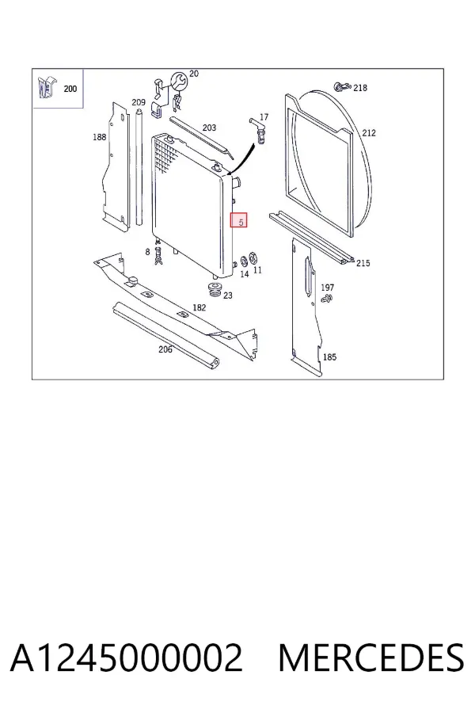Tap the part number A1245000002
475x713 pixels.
[x=127, y=658]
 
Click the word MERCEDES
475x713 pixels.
[x=371, y=658]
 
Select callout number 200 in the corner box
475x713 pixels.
[x=70, y=89]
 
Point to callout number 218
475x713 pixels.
[x=360, y=87]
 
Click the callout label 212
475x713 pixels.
[x=369, y=133]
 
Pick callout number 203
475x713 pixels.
[x=209, y=128]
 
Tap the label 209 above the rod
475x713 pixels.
[x=139, y=102]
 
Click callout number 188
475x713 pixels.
[x=99, y=137]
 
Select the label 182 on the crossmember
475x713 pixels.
[x=199, y=307]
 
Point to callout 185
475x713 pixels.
[x=329, y=357]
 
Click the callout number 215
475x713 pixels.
[x=363, y=263]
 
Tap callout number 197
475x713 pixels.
[x=327, y=288]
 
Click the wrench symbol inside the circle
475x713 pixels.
[x=177, y=81]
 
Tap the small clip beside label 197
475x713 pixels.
[x=326, y=299]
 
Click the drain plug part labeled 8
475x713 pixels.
[x=158, y=256]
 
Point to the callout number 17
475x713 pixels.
[x=264, y=117]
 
